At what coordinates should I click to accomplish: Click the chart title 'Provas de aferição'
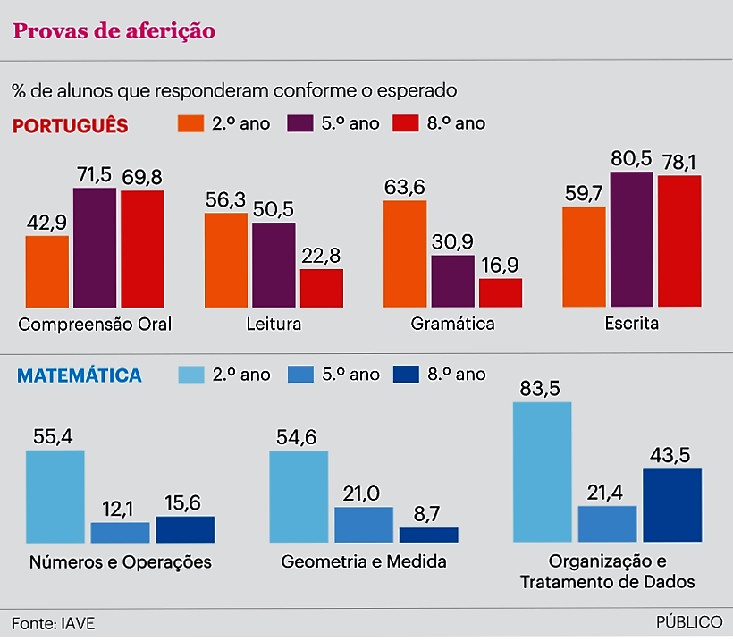click(x=114, y=30)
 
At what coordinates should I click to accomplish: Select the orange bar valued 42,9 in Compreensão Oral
click(x=47, y=272)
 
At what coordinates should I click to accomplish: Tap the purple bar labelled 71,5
click(x=95, y=248)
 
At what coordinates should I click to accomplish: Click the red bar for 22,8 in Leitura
click(x=322, y=288)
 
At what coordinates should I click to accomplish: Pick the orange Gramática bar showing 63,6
click(x=405, y=254)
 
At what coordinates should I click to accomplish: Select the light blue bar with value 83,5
click(x=542, y=471)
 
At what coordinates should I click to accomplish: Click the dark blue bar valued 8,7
click(x=428, y=535)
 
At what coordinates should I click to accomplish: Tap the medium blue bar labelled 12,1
click(x=120, y=532)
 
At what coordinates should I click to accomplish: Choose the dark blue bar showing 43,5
click(x=672, y=505)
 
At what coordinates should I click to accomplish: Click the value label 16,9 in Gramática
click(x=501, y=266)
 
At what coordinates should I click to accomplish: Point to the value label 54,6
click(x=299, y=437)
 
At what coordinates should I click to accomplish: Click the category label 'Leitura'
click(x=274, y=324)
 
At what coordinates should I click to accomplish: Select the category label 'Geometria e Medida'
click(x=363, y=562)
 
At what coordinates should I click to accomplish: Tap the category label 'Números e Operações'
click(x=121, y=562)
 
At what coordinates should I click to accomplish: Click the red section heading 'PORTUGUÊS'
click(x=70, y=125)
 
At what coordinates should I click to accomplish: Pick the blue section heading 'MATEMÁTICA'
click(x=80, y=375)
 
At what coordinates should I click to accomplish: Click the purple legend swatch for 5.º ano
click(x=299, y=123)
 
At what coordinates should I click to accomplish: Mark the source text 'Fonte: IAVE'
click(x=53, y=622)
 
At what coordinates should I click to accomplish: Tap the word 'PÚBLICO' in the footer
click(x=689, y=622)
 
